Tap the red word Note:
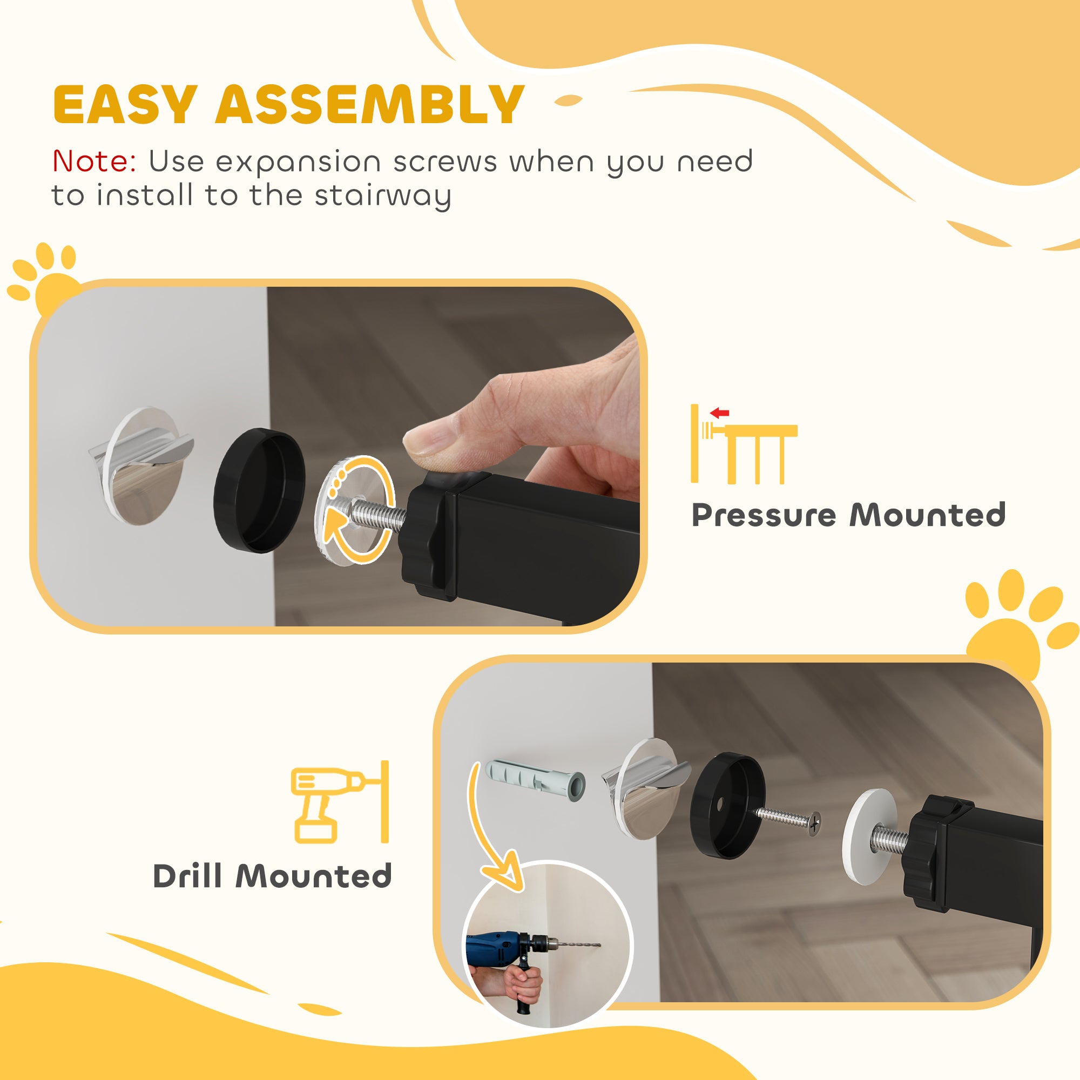pos(94,162)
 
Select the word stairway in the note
pos(382,196)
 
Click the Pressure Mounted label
pos(848,515)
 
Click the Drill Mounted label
pos(272,876)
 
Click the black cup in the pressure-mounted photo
pos(259,490)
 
